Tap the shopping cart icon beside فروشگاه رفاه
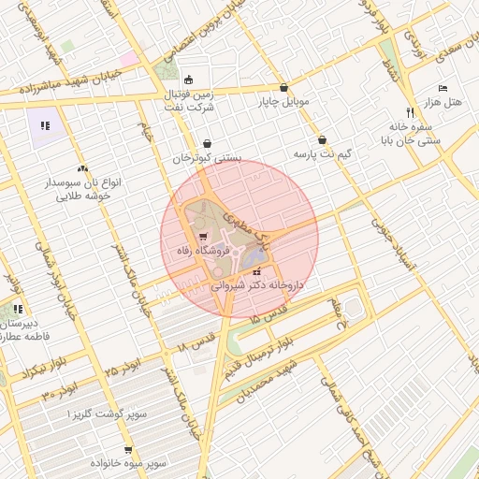[204, 236]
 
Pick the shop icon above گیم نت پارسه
[322, 138]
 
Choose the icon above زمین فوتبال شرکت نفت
[190, 80]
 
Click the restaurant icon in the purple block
[44, 123]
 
